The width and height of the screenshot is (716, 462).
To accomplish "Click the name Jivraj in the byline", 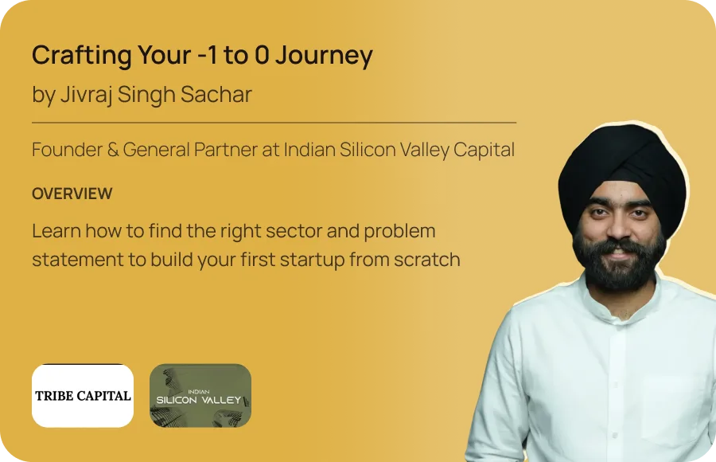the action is click(x=86, y=95).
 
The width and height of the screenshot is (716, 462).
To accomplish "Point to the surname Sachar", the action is click(x=216, y=94).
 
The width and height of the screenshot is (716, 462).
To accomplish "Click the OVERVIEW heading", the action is click(x=72, y=194).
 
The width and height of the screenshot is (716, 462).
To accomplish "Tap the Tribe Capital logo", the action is click(x=83, y=396).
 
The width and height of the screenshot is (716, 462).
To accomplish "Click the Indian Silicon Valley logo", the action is click(x=200, y=396).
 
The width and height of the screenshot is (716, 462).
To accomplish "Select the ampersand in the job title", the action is click(x=113, y=150).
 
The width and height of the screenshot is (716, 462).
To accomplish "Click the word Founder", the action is click(x=67, y=150).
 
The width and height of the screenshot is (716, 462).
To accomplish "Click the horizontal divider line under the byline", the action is click(x=274, y=123).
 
